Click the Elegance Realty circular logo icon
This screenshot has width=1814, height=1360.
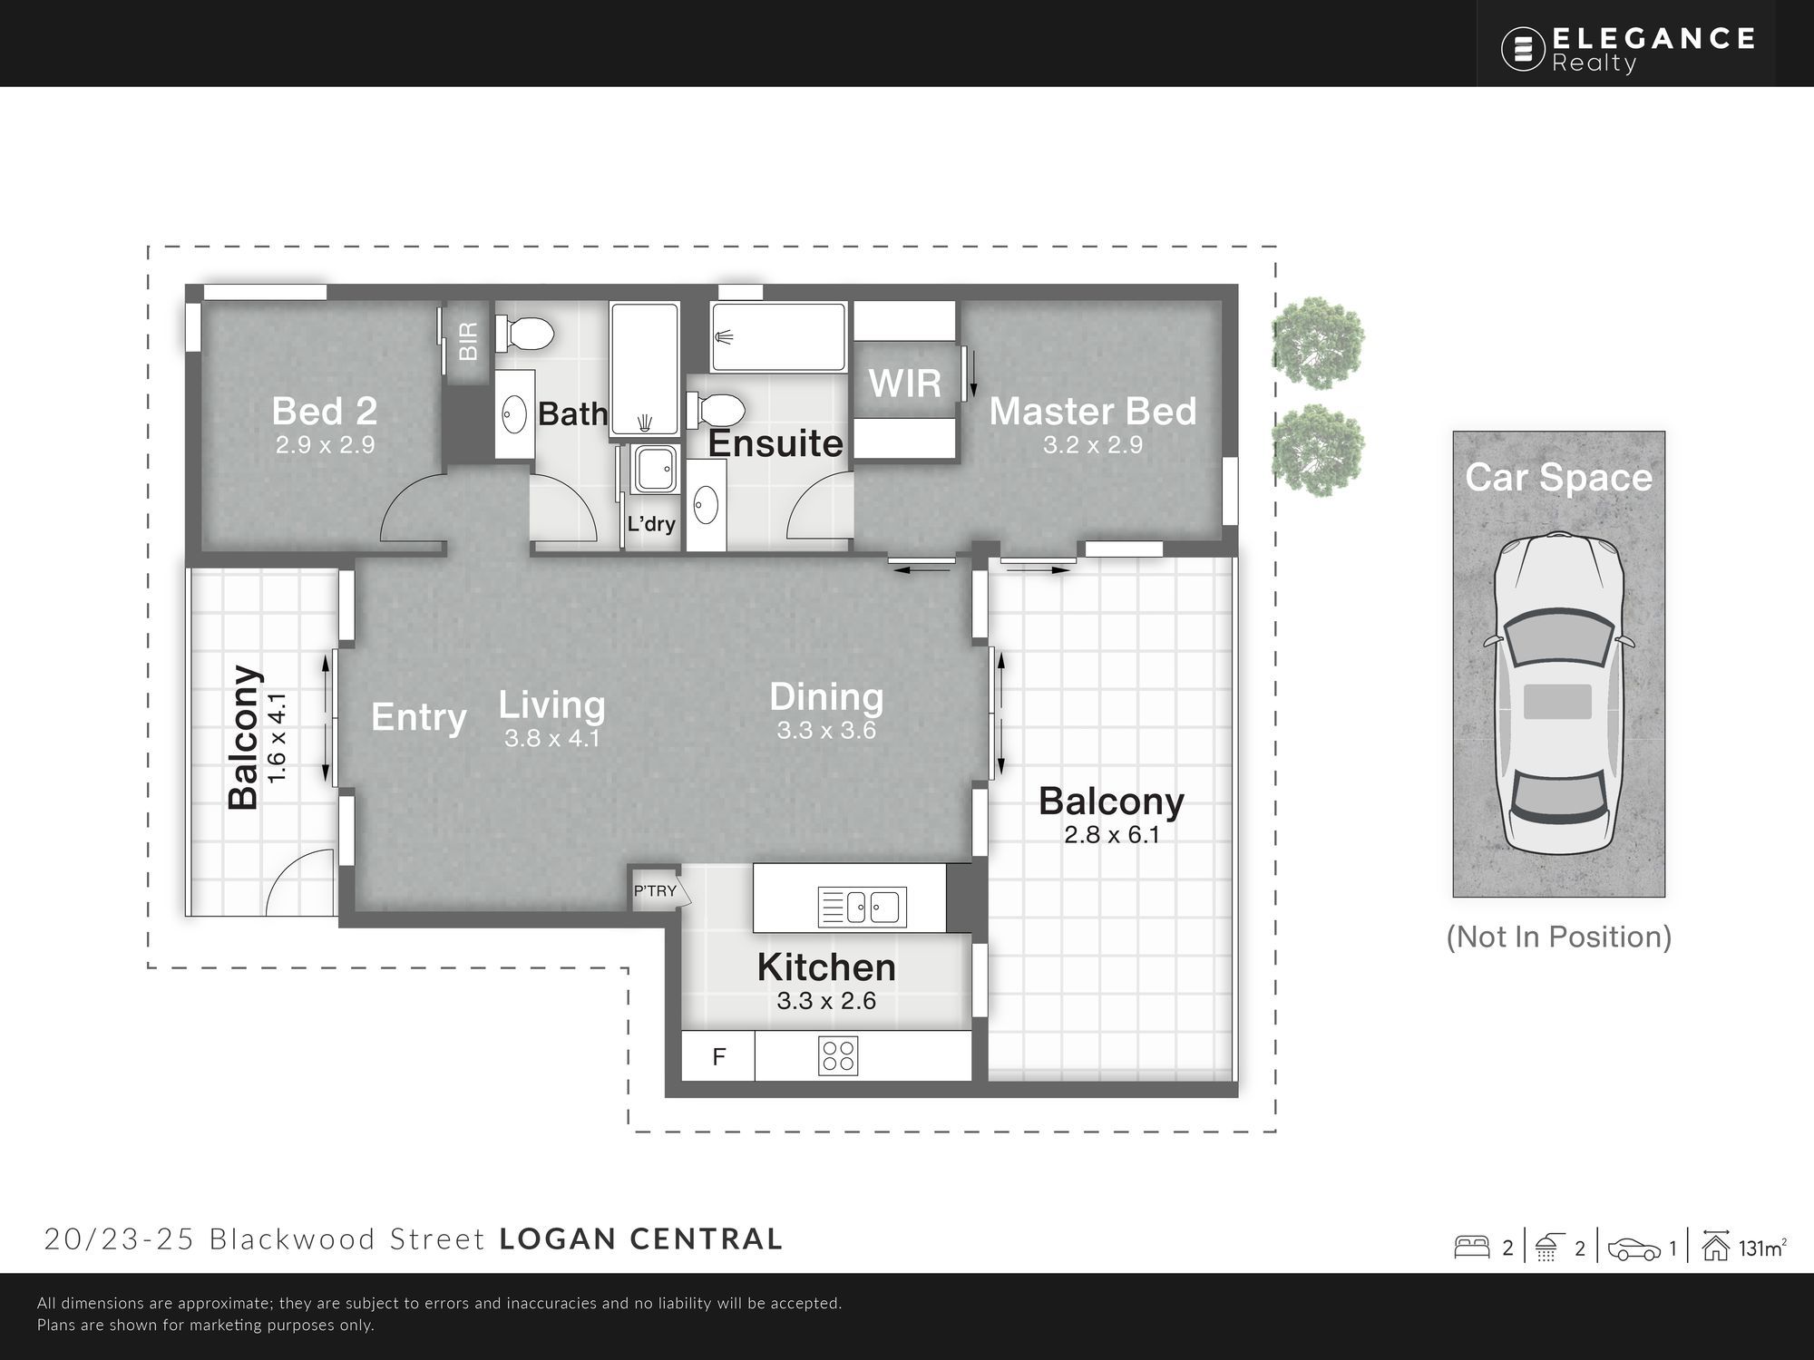tap(1523, 48)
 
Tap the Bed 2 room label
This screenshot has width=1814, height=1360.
tap(325, 411)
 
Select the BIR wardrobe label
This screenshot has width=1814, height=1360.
tap(468, 342)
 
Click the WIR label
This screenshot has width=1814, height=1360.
tap(904, 384)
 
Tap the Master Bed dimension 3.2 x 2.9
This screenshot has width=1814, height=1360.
tap(1092, 445)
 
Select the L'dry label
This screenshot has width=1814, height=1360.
tap(651, 523)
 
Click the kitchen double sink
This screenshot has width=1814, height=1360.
tap(861, 907)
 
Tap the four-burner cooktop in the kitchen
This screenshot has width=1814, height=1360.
tap(838, 1056)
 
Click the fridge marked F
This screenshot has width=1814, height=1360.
tap(718, 1056)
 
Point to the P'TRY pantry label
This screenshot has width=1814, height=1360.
tap(655, 891)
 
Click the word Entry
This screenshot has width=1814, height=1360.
tap(419, 718)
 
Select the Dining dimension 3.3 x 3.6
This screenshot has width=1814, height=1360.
tap(826, 730)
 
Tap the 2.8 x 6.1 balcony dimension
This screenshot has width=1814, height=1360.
tap(1112, 834)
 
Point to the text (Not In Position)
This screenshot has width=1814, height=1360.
tap(1559, 937)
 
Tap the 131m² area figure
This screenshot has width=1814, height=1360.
tap(1762, 1248)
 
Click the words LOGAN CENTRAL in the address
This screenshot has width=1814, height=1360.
tap(641, 1239)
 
